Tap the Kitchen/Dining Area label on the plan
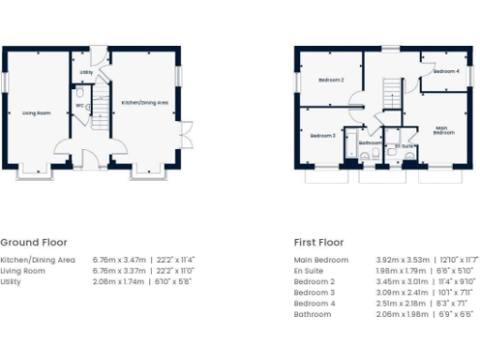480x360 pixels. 145,102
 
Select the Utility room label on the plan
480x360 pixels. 85,71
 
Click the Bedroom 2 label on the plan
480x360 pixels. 330,81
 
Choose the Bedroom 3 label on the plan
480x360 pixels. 322,136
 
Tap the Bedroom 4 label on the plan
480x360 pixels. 445,71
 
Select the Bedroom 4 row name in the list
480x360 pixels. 314,304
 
